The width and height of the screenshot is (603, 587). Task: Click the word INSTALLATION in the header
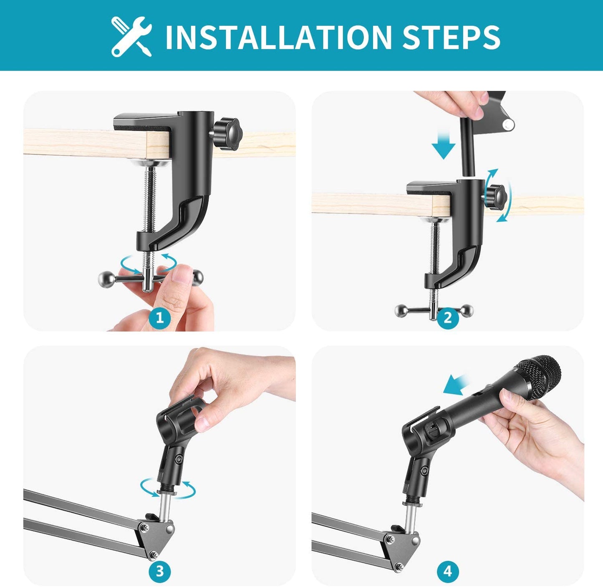279,37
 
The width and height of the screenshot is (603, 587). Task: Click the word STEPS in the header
451,37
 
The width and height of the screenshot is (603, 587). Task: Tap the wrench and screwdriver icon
131,37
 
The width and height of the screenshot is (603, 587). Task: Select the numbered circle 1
160,318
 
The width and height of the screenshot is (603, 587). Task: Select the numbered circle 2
448,318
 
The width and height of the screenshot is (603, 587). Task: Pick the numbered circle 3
160,571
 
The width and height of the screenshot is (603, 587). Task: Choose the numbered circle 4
448,571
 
